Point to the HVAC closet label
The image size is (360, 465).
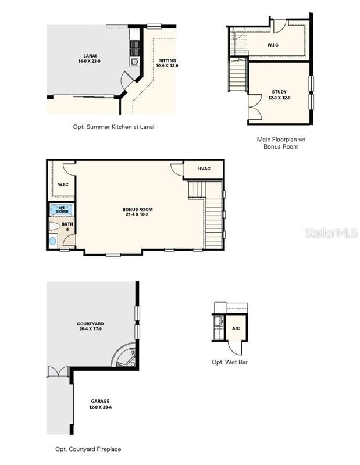(x=204, y=169)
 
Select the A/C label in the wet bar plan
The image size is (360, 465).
(x=236, y=328)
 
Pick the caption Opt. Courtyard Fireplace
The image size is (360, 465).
(x=88, y=449)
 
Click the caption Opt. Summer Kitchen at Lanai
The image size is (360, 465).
(x=113, y=127)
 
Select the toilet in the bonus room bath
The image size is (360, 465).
(x=54, y=227)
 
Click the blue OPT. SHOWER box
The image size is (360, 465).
(x=62, y=209)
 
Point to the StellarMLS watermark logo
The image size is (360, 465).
(x=330, y=233)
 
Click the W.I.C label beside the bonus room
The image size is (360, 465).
(x=63, y=184)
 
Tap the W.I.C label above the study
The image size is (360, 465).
(x=274, y=45)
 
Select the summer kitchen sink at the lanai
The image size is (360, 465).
(x=134, y=62)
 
